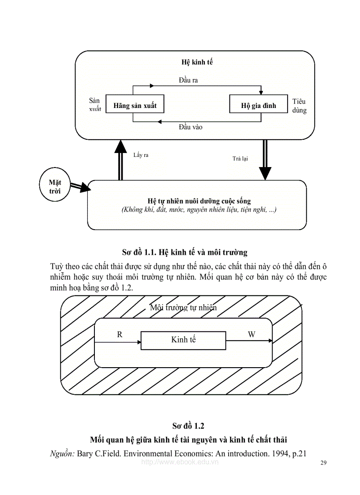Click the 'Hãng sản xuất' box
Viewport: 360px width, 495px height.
click(135, 106)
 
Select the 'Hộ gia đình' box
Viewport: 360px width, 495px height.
click(259, 106)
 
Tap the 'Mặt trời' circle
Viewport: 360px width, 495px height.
click(55, 186)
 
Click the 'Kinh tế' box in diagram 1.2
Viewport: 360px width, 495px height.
click(183, 339)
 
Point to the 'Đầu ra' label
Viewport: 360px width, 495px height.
click(188, 80)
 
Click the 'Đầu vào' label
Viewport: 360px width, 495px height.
click(191, 127)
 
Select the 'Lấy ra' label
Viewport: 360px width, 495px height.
click(141, 155)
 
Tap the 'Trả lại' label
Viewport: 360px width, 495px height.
click(240, 158)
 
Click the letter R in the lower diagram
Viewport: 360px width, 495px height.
click(120, 335)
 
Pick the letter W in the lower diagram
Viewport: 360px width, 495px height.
click(251, 335)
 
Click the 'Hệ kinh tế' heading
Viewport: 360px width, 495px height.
click(197, 62)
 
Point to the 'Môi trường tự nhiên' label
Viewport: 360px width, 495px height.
click(184, 308)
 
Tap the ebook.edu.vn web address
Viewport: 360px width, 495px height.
click(180, 462)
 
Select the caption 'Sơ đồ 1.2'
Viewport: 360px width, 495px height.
click(188, 426)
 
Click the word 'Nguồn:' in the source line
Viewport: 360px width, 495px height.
click(62, 454)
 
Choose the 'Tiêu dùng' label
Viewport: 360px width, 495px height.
click(299, 106)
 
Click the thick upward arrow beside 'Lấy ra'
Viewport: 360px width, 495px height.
click(120, 161)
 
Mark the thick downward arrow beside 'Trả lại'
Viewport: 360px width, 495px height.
click(265, 161)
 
